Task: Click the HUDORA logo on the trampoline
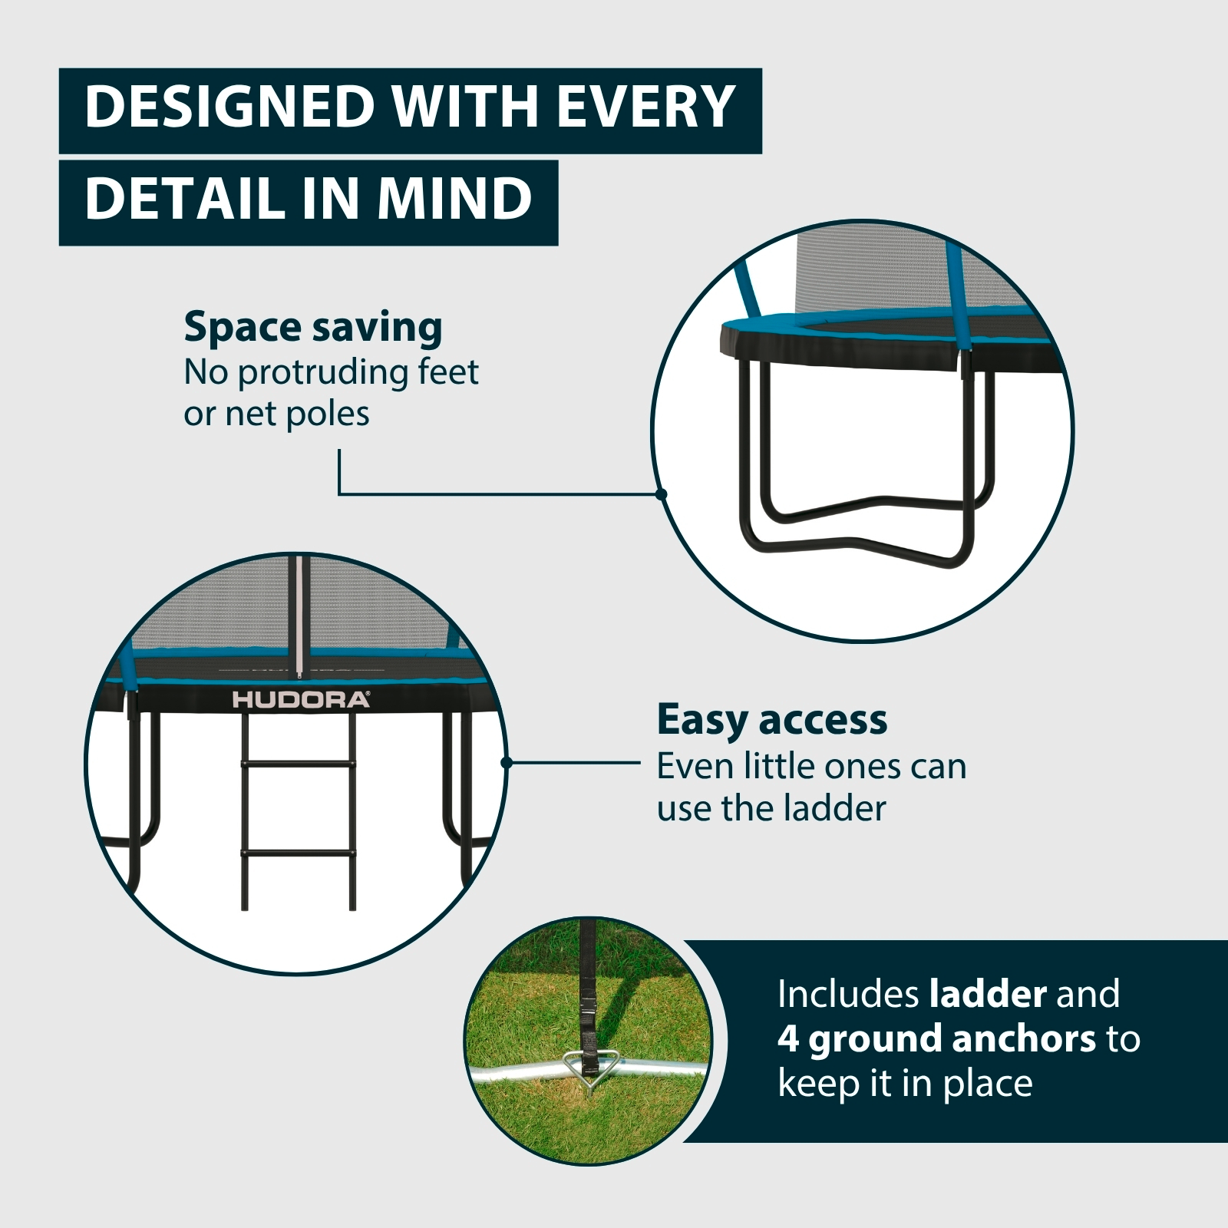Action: point(301,699)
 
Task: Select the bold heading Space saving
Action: point(313,328)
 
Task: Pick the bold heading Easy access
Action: point(772,721)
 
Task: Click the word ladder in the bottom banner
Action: point(988,994)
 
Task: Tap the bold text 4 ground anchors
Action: point(936,1039)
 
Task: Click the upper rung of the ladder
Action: point(299,764)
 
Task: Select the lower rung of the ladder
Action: point(299,853)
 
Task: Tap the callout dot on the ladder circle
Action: point(506,763)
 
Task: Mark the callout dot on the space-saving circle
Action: point(662,494)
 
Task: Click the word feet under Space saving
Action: point(448,372)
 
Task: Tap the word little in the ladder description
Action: point(787,767)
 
